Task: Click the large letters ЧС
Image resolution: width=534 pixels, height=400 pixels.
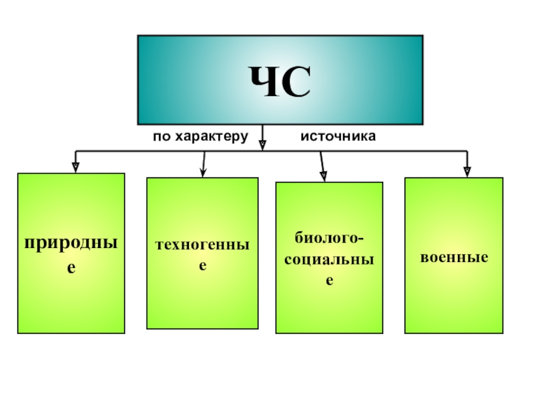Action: (280, 82)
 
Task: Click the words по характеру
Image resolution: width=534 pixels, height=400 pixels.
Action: (200, 137)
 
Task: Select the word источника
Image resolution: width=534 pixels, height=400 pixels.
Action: (338, 137)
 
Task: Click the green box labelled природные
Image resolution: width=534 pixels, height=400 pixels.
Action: (71, 300)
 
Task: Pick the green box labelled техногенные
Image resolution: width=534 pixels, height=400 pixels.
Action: (202, 300)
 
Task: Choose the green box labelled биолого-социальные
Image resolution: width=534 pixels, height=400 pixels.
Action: (329, 307)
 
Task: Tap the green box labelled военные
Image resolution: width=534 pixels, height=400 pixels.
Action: (454, 300)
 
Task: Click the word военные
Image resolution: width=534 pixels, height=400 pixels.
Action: (454, 257)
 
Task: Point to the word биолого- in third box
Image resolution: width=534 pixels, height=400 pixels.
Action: (330, 238)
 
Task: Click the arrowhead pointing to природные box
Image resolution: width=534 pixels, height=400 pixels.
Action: (75, 167)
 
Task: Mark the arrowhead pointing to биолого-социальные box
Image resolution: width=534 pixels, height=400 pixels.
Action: (324, 176)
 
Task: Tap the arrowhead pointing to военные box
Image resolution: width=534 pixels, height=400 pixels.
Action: (467, 171)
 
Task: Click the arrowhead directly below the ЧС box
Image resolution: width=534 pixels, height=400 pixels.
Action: (262, 142)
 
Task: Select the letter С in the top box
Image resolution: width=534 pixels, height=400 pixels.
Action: (298, 82)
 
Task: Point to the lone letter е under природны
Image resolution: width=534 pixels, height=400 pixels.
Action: (71, 267)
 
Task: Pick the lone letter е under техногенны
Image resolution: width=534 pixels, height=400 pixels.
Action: (203, 265)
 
